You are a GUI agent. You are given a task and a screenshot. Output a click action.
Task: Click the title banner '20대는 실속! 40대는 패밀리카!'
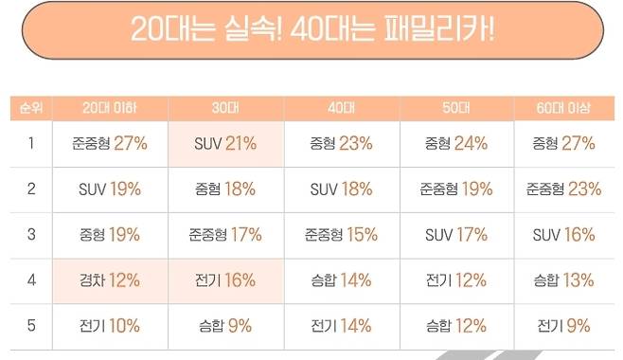pos(312,30)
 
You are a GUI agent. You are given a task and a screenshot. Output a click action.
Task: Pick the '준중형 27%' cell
pos(109,144)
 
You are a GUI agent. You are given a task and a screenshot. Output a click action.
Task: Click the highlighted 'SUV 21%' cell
pos(225,144)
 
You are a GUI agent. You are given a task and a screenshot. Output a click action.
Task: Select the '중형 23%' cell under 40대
pos(341,144)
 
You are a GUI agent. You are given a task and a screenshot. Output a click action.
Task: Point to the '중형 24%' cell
pos(456,144)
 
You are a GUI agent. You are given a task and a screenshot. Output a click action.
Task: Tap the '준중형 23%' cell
pos(564,189)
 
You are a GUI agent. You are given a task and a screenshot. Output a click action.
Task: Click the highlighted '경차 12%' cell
pos(109,279)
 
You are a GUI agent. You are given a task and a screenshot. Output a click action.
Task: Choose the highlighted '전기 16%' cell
pos(225,279)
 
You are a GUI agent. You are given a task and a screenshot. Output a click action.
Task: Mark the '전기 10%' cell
pos(109,325)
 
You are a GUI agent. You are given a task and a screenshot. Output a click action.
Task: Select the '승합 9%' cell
pos(225,325)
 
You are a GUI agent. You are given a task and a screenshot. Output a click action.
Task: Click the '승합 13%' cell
pos(564,279)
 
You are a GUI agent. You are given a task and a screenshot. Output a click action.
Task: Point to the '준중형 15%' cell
pos(341,234)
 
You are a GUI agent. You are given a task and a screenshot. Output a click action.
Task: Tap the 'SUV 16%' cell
pos(564,234)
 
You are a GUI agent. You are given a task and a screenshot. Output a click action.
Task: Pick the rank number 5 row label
pos(30,325)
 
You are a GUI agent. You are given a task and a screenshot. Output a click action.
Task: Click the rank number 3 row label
pos(30,234)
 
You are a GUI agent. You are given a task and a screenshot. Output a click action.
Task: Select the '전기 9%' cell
pos(564,325)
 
